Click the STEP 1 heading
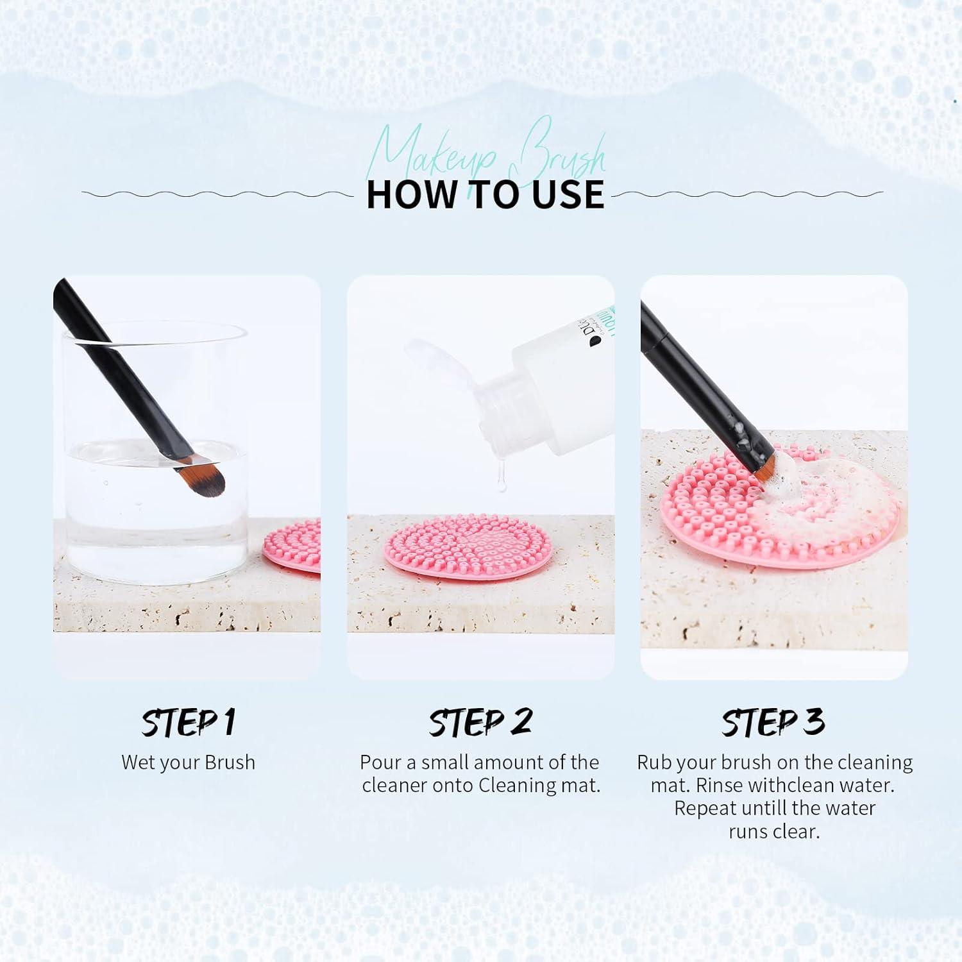pyautogui.click(x=188, y=723)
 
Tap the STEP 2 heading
pyautogui.click(x=480, y=723)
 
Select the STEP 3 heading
pyautogui.click(x=773, y=723)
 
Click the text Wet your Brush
pyautogui.click(x=188, y=763)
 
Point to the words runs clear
pyautogui.click(x=774, y=832)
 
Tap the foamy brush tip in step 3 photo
pyautogui.click(x=770, y=471)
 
